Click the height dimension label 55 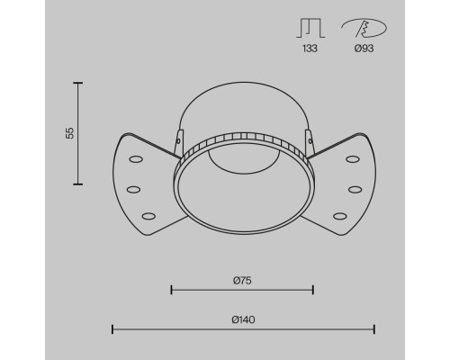coord(69,133)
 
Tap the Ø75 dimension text coord(242,281)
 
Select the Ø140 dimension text coord(243,319)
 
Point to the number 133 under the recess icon coord(310,49)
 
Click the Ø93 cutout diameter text coord(364,49)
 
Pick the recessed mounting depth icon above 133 coord(310,28)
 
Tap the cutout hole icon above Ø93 coord(364,28)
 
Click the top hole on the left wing coord(136,159)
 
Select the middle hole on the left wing coord(133,190)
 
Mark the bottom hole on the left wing coord(148,216)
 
